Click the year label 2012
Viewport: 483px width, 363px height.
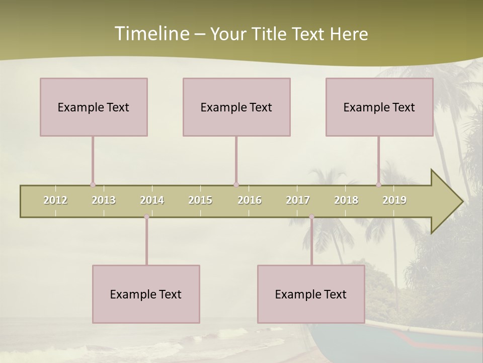pyautogui.click(x=55, y=200)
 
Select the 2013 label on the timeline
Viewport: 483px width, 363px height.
pyautogui.click(x=104, y=200)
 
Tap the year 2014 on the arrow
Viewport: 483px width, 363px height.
pyautogui.click(x=152, y=200)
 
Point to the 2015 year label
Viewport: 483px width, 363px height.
pyautogui.click(x=200, y=200)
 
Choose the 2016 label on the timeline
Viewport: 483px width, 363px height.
pyautogui.click(x=250, y=200)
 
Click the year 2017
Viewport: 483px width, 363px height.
pyautogui.click(x=298, y=200)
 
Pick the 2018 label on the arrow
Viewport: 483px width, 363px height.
pyautogui.click(x=346, y=200)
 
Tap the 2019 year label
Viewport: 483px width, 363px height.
pyautogui.click(x=394, y=200)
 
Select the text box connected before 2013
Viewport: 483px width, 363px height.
pyautogui.click(x=94, y=107)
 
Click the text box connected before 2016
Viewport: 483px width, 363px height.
pyautogui.click(x=236, y=107)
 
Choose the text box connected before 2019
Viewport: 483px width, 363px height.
pyautogui.click(x=379, y=107)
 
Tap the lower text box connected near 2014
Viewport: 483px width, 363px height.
pyautogui.click(x=146, y=294)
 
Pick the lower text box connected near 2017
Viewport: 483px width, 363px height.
pyautogui.click(x=311, y=294)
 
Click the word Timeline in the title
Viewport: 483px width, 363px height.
pyautogui.click(x=151, y=34)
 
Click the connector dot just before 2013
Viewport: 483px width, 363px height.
pyautogui.click(x=93, y=185)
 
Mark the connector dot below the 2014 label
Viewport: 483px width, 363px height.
pyautogui.click(x=147, y=217)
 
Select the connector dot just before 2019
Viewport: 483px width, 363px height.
pyautogui.click(x=378, y=185)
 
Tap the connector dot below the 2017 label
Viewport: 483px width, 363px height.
pyautogui.click(x=311, y=217)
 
